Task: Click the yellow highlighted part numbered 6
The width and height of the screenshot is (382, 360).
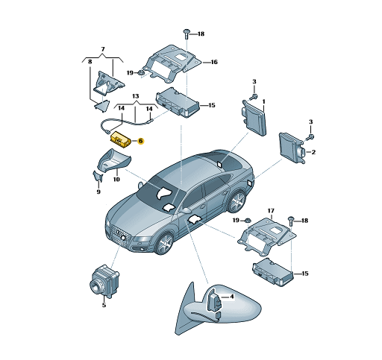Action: tap(120, 139)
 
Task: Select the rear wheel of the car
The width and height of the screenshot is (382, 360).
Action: tap(237, 201)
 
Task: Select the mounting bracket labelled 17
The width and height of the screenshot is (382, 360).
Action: tap(265, 232)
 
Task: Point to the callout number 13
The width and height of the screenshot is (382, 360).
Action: tap(136, 97)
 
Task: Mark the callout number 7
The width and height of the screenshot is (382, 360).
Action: tap(102, 48)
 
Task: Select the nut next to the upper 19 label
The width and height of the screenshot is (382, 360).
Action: tap(140, 73)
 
